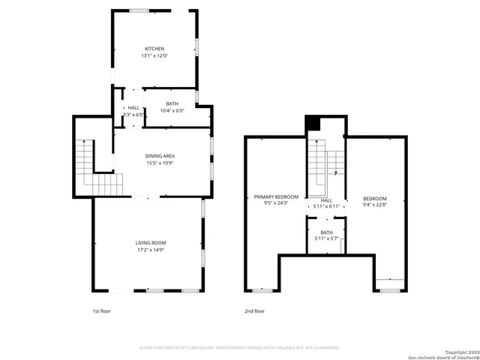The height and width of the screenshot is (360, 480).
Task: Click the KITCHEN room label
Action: point(154,49)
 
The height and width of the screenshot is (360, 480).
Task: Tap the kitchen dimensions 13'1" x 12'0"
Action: point(154,56)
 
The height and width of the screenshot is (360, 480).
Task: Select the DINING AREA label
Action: point(160,156)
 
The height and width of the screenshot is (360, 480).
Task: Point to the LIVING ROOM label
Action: point(150,242)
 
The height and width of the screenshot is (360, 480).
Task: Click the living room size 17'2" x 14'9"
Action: point(150,250)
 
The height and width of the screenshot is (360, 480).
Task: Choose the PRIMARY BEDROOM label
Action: point(275,196)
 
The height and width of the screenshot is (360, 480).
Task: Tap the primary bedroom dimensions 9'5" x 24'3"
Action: point(275,203)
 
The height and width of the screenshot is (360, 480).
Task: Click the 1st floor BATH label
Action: point(172,103)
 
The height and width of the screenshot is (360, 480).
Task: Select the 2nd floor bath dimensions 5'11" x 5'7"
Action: point(326,239)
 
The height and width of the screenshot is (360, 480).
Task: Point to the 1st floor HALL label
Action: point(133,107)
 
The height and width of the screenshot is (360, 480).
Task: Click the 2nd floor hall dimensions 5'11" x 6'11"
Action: point(326,206)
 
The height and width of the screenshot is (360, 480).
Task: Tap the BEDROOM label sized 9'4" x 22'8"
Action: point(375,198)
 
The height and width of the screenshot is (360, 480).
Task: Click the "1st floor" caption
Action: point(101,310)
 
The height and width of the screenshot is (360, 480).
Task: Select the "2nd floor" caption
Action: point(254,310)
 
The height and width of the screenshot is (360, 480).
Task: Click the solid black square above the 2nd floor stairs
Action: point(313,124)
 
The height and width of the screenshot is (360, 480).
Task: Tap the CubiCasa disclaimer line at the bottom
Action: point(240,348)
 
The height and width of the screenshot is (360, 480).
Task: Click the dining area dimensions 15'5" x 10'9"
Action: point(160,163)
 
